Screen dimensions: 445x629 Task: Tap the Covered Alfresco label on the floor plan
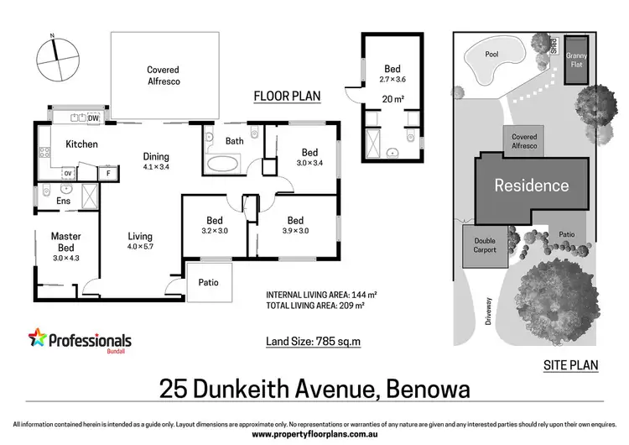[164, 76]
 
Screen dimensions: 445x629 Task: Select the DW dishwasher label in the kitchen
[93, 118]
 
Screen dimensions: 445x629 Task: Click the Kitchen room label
[81, 144]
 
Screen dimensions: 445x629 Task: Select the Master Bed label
[65, 243]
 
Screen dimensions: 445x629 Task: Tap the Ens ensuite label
[63, 202]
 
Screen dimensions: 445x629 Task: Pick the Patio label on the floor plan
[208, 283]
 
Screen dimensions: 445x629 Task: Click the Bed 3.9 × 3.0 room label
[295, 226]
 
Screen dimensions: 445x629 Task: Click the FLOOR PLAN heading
[287, 97]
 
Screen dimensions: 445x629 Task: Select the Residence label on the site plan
[531, 186]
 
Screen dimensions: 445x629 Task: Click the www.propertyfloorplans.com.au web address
[314, 434]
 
